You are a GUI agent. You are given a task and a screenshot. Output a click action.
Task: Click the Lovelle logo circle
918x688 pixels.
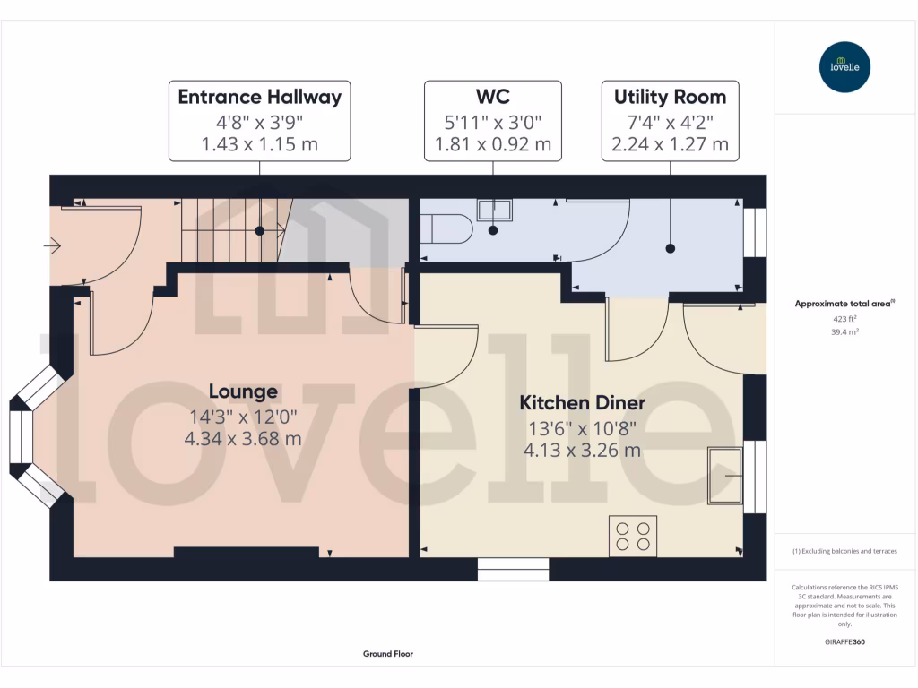844,67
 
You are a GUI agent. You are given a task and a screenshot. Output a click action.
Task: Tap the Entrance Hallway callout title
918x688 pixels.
259,97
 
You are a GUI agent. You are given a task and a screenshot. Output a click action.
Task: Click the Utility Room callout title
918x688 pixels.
670,97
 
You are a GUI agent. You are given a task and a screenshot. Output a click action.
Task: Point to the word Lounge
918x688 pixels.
243,391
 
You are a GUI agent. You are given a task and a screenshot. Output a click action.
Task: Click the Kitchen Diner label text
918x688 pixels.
582,403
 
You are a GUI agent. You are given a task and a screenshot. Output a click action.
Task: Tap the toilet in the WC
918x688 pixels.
447,228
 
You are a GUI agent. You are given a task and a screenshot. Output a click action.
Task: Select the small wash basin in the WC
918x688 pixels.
494,210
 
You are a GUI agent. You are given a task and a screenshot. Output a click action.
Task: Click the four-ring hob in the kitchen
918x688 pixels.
633,536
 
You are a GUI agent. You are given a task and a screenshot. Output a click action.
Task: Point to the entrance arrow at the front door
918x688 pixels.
52,245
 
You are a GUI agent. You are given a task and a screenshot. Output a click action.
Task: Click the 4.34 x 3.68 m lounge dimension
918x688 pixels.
243,439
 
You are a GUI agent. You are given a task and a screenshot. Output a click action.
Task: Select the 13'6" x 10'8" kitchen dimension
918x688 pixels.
582,426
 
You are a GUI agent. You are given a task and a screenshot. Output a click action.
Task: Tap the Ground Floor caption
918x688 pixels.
387,654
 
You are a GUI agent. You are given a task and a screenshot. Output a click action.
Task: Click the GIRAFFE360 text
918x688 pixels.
844,642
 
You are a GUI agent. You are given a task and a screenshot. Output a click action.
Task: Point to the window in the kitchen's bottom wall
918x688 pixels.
513,568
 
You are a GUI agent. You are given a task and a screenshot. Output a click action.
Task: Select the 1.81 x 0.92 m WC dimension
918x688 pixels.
492,144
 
